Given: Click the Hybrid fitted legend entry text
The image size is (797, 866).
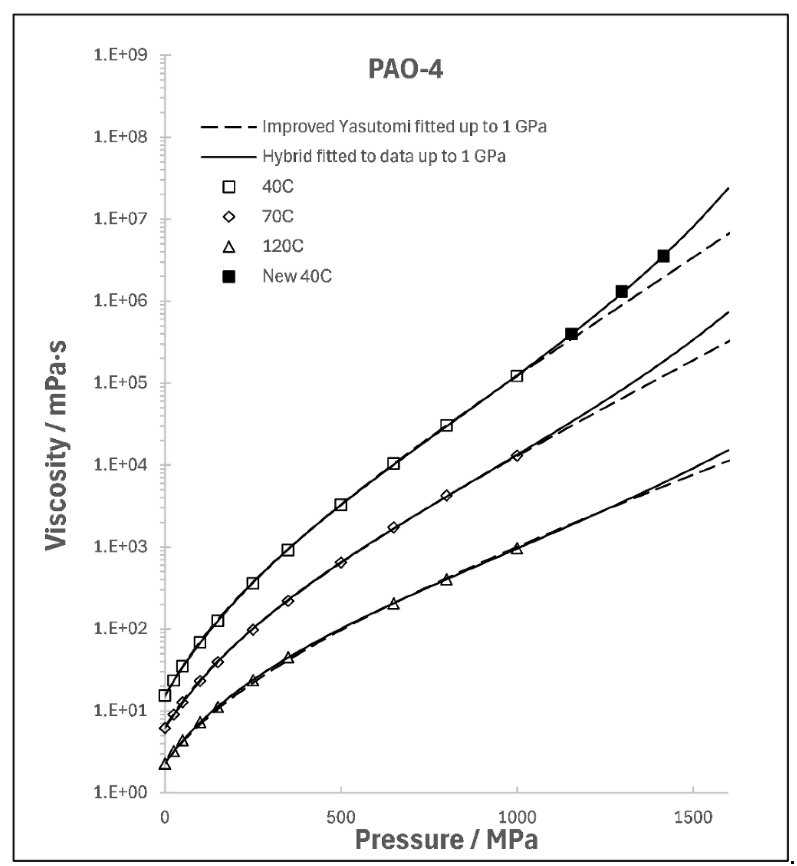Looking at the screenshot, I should pos(384,156).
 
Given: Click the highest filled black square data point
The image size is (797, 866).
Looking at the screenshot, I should pos(663,256).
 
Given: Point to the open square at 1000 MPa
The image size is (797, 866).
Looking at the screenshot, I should pos(517,376).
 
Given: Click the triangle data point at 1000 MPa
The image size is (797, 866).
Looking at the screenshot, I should pos(517,549).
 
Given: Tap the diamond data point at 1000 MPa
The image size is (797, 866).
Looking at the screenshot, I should pos(517,455).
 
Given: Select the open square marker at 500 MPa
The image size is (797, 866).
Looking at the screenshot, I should pos(341,505).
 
